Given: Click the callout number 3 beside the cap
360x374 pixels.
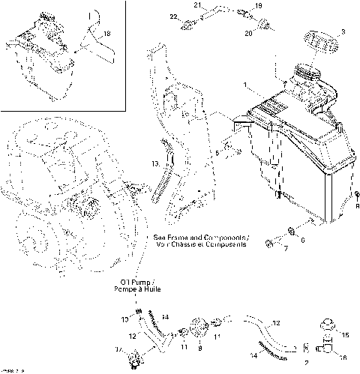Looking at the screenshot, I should pyautogui.click(x=343, y=31).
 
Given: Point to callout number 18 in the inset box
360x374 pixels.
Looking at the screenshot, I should pyautogui.click(x=106, y=34).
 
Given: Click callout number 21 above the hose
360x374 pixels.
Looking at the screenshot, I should pyautogui.click(x=198, y=6).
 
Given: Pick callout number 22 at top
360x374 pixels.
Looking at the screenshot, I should pyautogui.click(x=172, y=16).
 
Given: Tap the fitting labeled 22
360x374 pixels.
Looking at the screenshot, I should pyautogui.click(x=188, y=24).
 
